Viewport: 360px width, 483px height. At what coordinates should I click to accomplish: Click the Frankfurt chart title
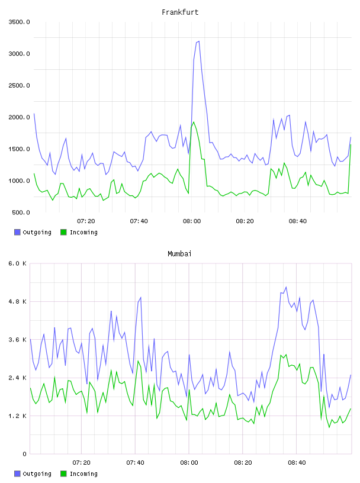point(180,12)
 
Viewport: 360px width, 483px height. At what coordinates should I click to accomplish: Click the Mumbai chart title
point(179,253)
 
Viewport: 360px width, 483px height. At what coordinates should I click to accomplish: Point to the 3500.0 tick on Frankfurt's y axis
point(19,22)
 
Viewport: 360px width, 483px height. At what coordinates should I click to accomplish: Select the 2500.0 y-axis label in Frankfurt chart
point(19,85)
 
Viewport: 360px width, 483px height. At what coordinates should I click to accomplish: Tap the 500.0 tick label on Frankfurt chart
point(21,212)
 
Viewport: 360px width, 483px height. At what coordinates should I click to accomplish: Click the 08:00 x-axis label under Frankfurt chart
point(192,221)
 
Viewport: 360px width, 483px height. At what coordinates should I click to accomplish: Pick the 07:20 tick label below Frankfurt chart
point(86,221)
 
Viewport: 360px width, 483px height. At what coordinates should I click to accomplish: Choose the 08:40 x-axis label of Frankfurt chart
point(298,221)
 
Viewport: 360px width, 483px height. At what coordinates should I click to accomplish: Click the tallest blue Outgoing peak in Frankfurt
point(198,41)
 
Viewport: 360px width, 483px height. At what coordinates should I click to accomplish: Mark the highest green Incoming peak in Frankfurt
point(194,122)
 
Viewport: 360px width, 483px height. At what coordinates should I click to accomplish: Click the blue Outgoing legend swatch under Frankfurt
point(17,232)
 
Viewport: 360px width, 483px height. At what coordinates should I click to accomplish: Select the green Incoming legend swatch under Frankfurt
point(63,232)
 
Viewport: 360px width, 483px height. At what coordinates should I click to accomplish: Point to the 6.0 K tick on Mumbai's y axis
point(17,263)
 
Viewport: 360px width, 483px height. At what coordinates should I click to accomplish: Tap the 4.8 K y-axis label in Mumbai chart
point(17,301)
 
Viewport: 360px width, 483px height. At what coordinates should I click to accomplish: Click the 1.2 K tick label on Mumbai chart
point(17,416)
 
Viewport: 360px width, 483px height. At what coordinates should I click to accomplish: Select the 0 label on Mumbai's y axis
point(24,454)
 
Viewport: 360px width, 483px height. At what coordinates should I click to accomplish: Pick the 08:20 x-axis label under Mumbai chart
point(243,462)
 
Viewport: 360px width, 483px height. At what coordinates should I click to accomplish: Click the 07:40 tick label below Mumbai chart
point(136,462)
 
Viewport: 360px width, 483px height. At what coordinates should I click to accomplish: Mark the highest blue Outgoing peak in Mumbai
point(286,286)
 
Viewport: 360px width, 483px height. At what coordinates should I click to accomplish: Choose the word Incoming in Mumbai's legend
point(83,474)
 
